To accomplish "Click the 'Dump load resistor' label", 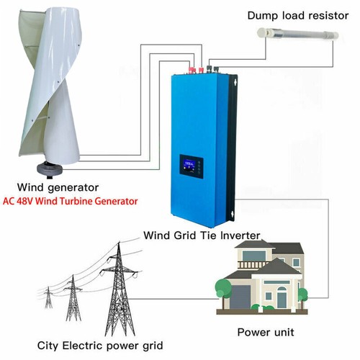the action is coord(298,16).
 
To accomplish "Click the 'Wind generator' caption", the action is coord(58,188).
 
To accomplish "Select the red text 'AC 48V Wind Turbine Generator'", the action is coord(70,201).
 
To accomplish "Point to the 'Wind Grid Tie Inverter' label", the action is coord(202,235).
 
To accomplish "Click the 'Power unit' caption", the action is coord(266,333).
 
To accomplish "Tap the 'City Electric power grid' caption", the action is coord(100,346).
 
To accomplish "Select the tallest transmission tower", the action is coord(120,290).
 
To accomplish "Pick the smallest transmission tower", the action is coord(48,297).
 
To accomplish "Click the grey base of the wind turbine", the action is coord(50,169).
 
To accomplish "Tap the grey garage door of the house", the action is coord(240,297).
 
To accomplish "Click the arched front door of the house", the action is coord(282,298).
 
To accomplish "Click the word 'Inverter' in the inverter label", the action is coord(240,235).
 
